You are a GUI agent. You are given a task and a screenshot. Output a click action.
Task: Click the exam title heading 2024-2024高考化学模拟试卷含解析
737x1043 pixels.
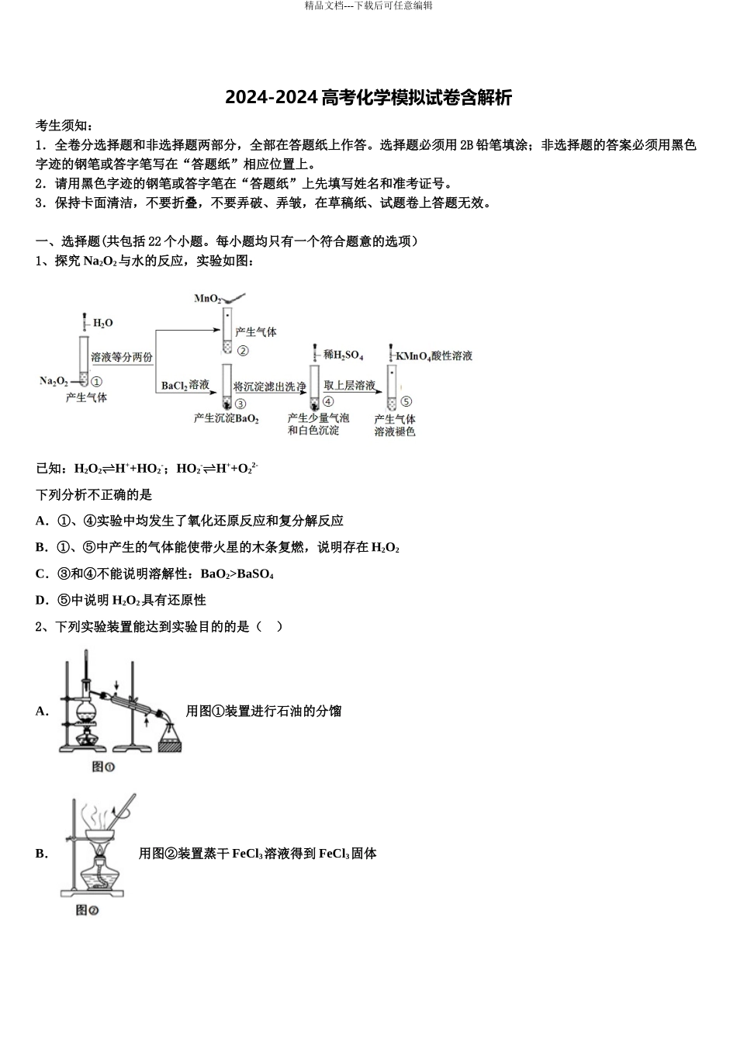[x=368, y=98]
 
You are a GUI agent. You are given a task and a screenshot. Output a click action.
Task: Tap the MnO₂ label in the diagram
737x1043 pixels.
[x=207, y=298]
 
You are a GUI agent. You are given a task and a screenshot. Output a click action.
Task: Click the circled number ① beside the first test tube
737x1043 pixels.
[x=96, y=381]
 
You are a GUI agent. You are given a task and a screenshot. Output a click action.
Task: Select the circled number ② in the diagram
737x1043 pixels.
[x=243, y=351]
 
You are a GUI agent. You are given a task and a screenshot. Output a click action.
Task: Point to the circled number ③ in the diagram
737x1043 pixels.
[x=240, y=404]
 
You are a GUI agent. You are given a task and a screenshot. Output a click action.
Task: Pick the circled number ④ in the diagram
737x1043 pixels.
[x=328, y=401]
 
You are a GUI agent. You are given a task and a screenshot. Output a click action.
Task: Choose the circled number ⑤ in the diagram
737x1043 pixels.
[x=406, y=401]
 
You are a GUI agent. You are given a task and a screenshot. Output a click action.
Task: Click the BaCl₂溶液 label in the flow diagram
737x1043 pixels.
[x=185, y=385]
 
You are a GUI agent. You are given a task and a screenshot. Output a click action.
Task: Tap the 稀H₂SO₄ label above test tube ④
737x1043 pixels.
[x=344, y=355]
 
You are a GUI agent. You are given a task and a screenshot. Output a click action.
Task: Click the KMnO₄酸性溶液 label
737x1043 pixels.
[x=434, y=355]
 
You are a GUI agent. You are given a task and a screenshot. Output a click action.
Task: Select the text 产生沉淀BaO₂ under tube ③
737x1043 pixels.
[x=226, y=418]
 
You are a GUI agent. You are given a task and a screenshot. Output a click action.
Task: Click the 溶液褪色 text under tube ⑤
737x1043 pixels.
[x=395, y=431]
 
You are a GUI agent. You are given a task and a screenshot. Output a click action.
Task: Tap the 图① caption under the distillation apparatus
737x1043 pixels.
[x=103, y=767]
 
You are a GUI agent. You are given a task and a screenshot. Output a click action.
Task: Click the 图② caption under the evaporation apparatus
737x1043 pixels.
[x=87, y=910]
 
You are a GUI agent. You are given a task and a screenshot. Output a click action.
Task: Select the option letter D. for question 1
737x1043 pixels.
[x=42, y=600]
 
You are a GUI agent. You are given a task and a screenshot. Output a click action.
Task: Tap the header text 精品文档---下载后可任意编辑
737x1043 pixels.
[x=368, y=5]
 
